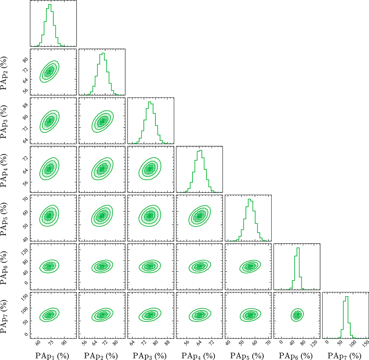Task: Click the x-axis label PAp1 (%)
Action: tap(52, 356)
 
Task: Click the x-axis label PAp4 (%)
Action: tap(198, 356)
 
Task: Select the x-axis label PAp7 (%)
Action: tap(344, 356)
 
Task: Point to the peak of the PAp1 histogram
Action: tap(50, 5)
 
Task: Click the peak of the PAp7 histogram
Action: tap(347, 296)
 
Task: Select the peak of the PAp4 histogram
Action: tap(200, 150)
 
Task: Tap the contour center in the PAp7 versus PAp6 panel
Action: tap(297, 315)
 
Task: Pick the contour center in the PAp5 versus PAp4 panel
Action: tap(199, 216)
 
